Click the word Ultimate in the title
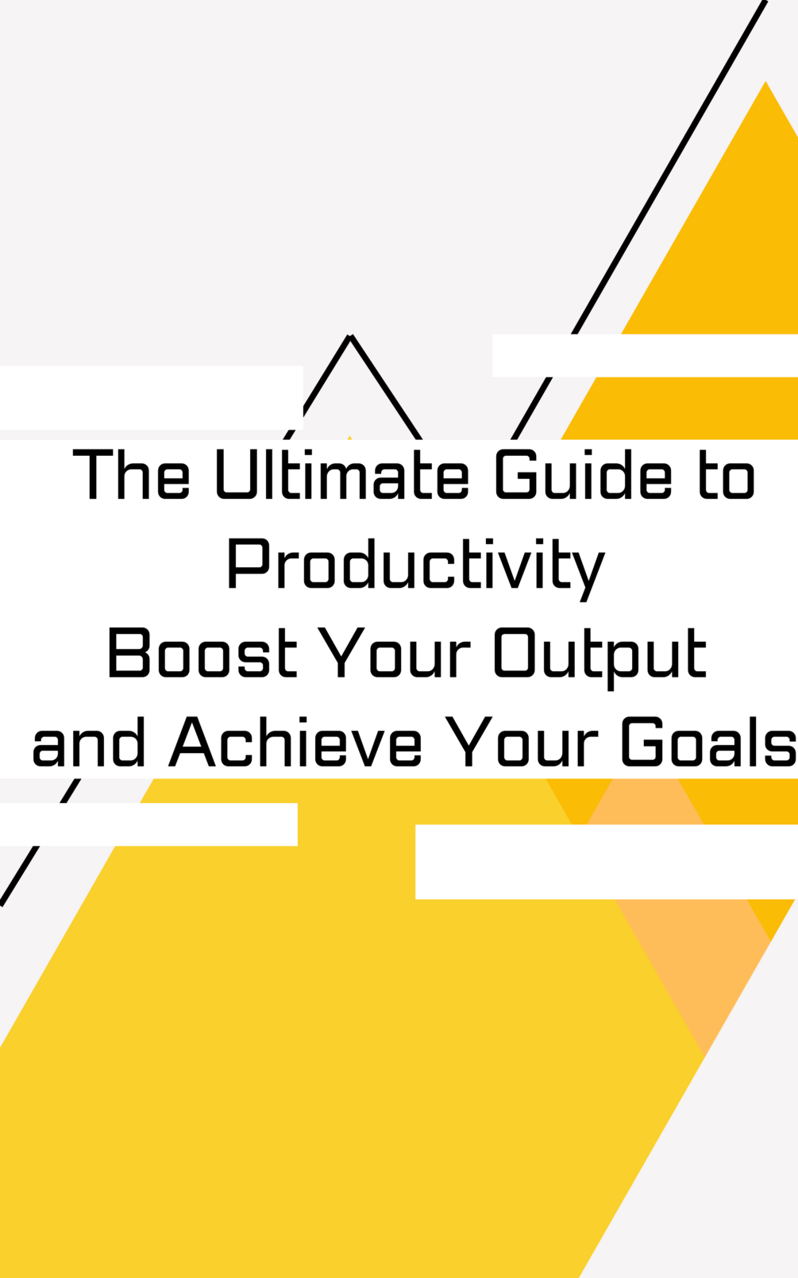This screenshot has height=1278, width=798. [x=342, y=476]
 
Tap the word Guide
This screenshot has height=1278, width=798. [x=584, y=476]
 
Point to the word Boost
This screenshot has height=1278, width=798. [x=202, y=654]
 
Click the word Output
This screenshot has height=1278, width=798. [x=600, y=654]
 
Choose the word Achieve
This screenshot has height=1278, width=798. [x=295, y=743]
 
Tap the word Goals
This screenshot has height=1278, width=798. [x=708, y=743]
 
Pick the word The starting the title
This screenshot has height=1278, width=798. [x=131, y=476]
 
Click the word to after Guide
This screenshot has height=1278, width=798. [x=727, y=476]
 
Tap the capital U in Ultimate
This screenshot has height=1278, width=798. [x=235, y=476]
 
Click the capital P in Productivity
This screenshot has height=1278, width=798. [x=245, y=564]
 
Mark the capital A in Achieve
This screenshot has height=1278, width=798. [x=192, y=743]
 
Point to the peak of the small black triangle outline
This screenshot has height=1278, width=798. [x=351, y=337]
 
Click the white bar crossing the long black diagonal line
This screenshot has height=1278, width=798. [x=645, y=355]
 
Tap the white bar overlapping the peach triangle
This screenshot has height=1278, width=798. [x=606, y=862]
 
